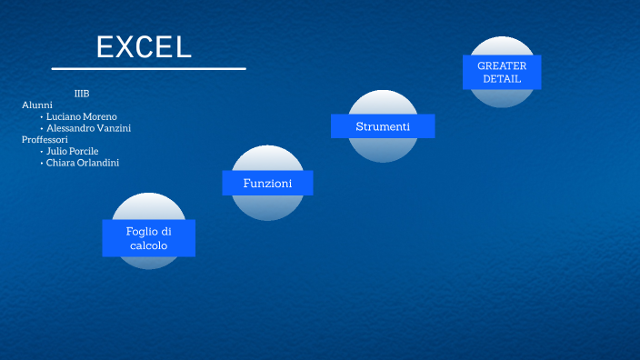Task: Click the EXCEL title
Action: (145, 47)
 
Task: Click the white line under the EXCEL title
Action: (148, 68)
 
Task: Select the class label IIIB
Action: (82, 94)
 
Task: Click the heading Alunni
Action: (37, 105)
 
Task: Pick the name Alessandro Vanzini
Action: (88, 128)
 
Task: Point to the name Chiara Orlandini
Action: (82, 163)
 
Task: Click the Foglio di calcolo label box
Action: (148, 238)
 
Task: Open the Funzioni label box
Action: (267, 183)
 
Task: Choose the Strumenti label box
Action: (383, 126)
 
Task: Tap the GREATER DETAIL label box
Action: (502, 72)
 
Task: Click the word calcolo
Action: (149, 245)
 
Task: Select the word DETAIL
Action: (502, 79)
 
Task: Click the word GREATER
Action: (502, 65)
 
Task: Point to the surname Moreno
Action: (99, 116)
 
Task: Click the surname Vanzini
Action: (113, 128)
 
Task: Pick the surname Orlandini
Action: (97, 163)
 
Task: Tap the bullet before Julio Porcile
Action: (42, 152)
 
